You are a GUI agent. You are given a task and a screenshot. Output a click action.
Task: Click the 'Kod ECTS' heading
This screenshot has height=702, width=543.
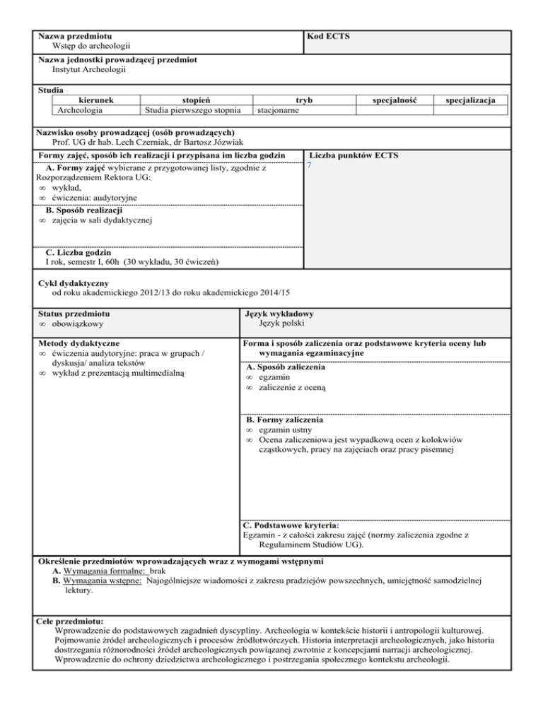(x=328, y=35)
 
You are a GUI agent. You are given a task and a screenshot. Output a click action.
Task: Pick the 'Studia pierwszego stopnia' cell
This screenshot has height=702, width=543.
(x=192, y=111)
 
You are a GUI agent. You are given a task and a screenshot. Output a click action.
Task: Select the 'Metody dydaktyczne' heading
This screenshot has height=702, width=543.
(x=78, y=343)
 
